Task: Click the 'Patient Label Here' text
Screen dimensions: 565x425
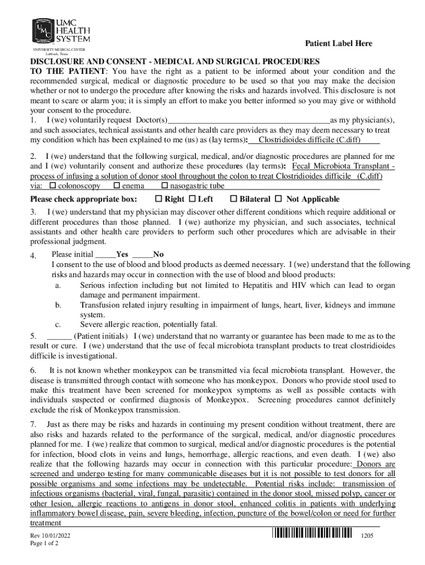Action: click(339, 44)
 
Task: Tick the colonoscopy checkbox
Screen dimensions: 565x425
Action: click(53, 186)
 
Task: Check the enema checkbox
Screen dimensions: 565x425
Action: click(116, 186)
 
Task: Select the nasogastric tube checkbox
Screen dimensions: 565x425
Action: click(164, 186)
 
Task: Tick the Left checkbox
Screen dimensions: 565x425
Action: click(192, 199)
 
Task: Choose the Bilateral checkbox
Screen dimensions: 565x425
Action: click(233, 199)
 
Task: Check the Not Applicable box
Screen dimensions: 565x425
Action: click(278, 199)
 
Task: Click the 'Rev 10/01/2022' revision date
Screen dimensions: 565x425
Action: click(50, 535)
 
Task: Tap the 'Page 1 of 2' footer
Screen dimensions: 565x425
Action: click(45, 543)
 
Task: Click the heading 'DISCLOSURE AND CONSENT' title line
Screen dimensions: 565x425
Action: click(174, 61)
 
